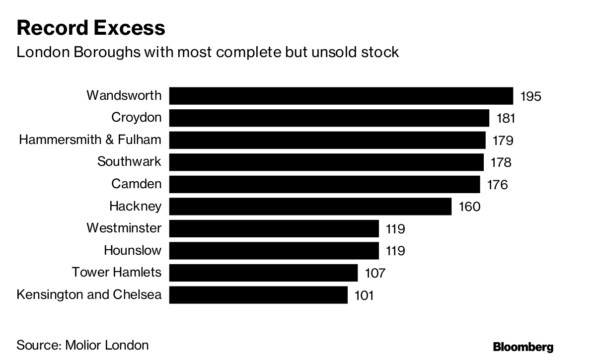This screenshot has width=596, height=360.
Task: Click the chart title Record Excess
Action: tap(91, 28)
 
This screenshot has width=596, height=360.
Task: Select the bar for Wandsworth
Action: tap(341, 95)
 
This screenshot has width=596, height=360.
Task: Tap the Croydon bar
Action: tap(329, 118)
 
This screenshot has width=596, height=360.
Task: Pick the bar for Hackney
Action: tap(310, 206)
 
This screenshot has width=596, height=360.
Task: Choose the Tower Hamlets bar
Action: tap(263, 273)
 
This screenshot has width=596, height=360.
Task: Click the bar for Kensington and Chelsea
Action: tap(258, 295)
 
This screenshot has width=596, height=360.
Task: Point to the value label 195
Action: tap(530, 96)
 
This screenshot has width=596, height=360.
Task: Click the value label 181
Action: tap(506, 118)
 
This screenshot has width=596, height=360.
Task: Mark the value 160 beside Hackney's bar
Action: tap(469, 207)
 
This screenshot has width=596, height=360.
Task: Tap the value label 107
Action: tap(375, 273)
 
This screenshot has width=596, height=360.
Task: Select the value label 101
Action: tap(364, 295)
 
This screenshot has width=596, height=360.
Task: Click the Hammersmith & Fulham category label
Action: tap(90, 140)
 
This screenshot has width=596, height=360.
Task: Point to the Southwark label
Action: tap(129, 161)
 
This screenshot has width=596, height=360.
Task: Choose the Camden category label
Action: tap(136, 184)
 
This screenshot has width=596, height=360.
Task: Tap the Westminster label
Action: tap(124, 228)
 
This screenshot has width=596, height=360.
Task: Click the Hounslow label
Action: tap(133, 250)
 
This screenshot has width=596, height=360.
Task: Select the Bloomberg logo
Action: tap(523, 347)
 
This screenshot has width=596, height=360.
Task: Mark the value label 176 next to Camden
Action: tap(498, 185)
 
